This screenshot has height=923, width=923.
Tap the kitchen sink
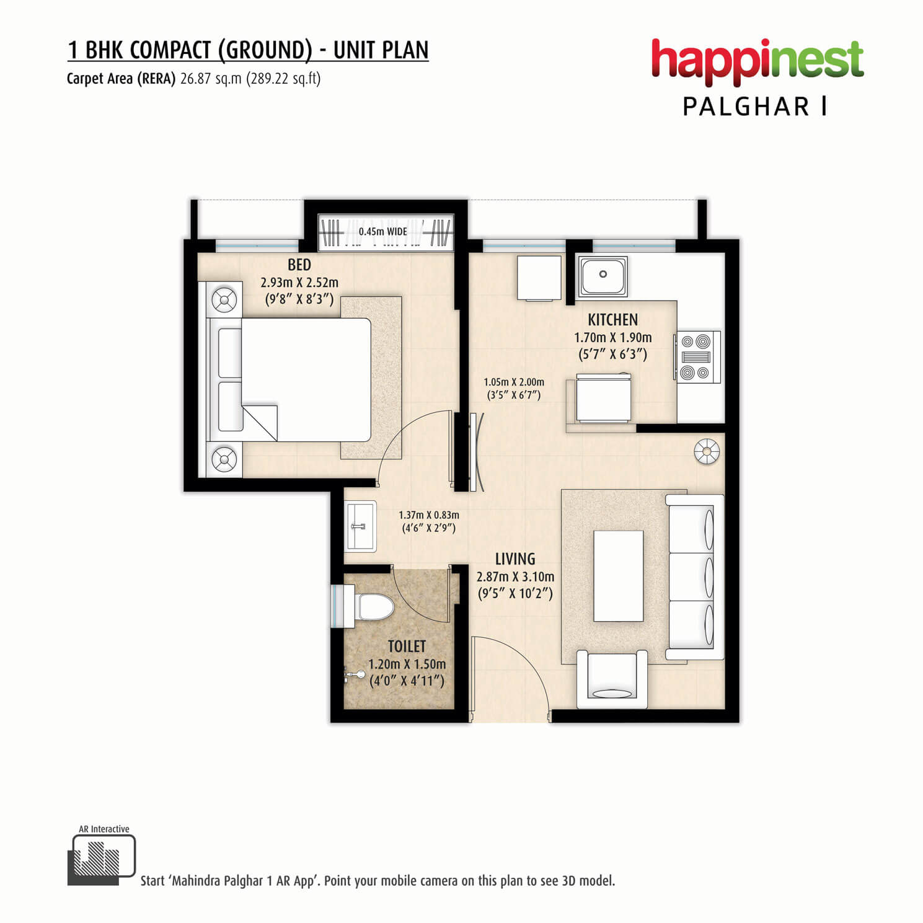(x=603, y=275)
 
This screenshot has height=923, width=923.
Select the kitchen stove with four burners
(x=697, y=356)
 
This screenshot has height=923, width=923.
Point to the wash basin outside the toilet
(x=361, y=526)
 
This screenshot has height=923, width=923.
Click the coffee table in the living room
(x=618, y=576)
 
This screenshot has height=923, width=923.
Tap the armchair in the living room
(x=612, y=679)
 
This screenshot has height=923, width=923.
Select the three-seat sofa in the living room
(x=695, y=577)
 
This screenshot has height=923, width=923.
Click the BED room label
(x=299, y=265)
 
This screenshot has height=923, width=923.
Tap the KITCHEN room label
(x=612, y=320)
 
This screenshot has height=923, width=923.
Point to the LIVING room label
(x=515, y=559)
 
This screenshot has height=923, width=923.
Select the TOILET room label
(x=407, y=647)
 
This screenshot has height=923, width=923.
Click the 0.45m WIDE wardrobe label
(x=382, y=232)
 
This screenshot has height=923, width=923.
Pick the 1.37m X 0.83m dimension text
(x=429, y=515)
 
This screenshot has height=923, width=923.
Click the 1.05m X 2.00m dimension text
(x=514, y=382)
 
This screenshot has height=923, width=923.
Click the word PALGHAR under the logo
(x=746, y=107)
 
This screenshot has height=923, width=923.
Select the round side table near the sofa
(x=707, y=451)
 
